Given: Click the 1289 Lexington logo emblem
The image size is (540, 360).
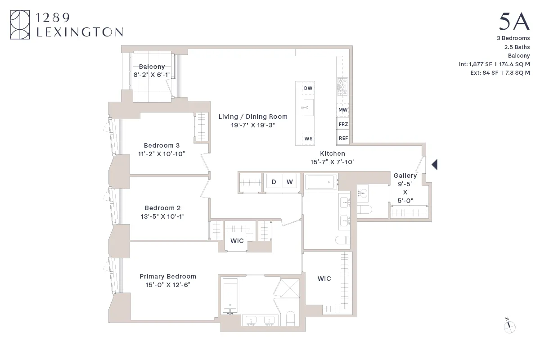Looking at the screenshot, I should pos(20,25).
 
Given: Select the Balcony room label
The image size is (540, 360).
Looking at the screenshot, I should pos(152,67).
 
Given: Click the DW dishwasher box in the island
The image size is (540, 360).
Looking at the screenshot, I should pos(308,89).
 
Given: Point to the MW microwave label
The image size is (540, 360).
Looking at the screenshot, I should pos(343,110).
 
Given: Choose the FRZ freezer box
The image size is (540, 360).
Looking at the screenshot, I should pos(343,124).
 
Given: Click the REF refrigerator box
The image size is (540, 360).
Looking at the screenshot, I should pos(343,138).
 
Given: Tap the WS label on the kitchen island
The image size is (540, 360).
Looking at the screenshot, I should pos(308,139).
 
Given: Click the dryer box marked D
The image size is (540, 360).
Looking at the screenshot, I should pos(274,182).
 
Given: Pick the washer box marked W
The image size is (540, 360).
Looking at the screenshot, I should pos(290,182).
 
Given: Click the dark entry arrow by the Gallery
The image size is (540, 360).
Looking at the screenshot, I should pos(434,165).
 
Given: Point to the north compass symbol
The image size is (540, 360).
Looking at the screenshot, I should pos(509,327).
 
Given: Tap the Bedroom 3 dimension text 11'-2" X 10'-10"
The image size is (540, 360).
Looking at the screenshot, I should pos(162,154).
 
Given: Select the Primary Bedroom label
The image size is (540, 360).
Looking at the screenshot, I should pos(168,276).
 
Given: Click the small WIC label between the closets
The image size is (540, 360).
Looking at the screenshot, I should pos(237,241).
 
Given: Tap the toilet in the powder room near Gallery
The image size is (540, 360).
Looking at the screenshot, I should pos(364,210).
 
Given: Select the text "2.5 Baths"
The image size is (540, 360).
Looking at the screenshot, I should pos(517,47).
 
